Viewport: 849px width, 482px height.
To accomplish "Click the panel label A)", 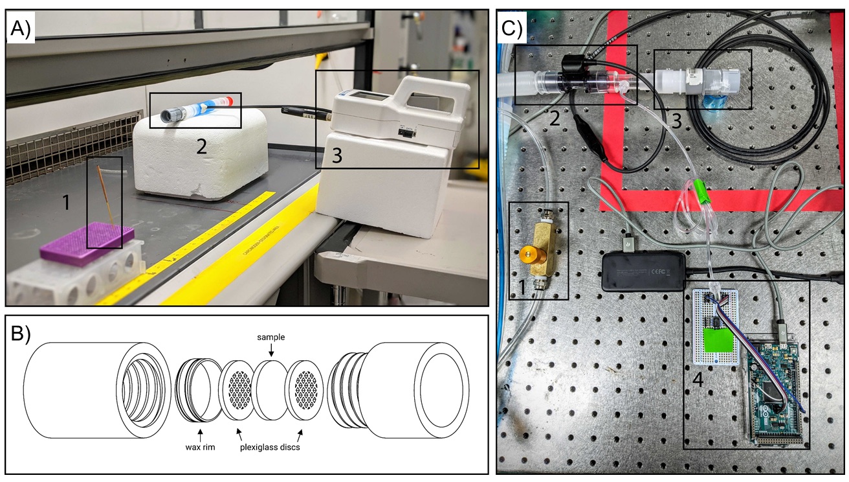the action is (21, 29).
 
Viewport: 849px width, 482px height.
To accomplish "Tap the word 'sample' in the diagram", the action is (270, 337).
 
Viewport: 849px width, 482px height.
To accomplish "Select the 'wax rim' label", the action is (200, 447).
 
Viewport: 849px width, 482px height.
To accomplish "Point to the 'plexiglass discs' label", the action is (270, 447).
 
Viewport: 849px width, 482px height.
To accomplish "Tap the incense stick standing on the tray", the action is (107, 198).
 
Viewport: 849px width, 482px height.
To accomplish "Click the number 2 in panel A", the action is (201, 146).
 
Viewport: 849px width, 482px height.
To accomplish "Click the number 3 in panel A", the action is (337, 155).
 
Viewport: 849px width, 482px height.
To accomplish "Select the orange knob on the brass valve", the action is (528, 253).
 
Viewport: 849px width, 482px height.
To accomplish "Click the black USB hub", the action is (644, 272).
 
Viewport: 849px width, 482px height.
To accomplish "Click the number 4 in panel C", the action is (698, 380).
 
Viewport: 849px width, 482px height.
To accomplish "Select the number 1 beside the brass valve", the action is (522, 287).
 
